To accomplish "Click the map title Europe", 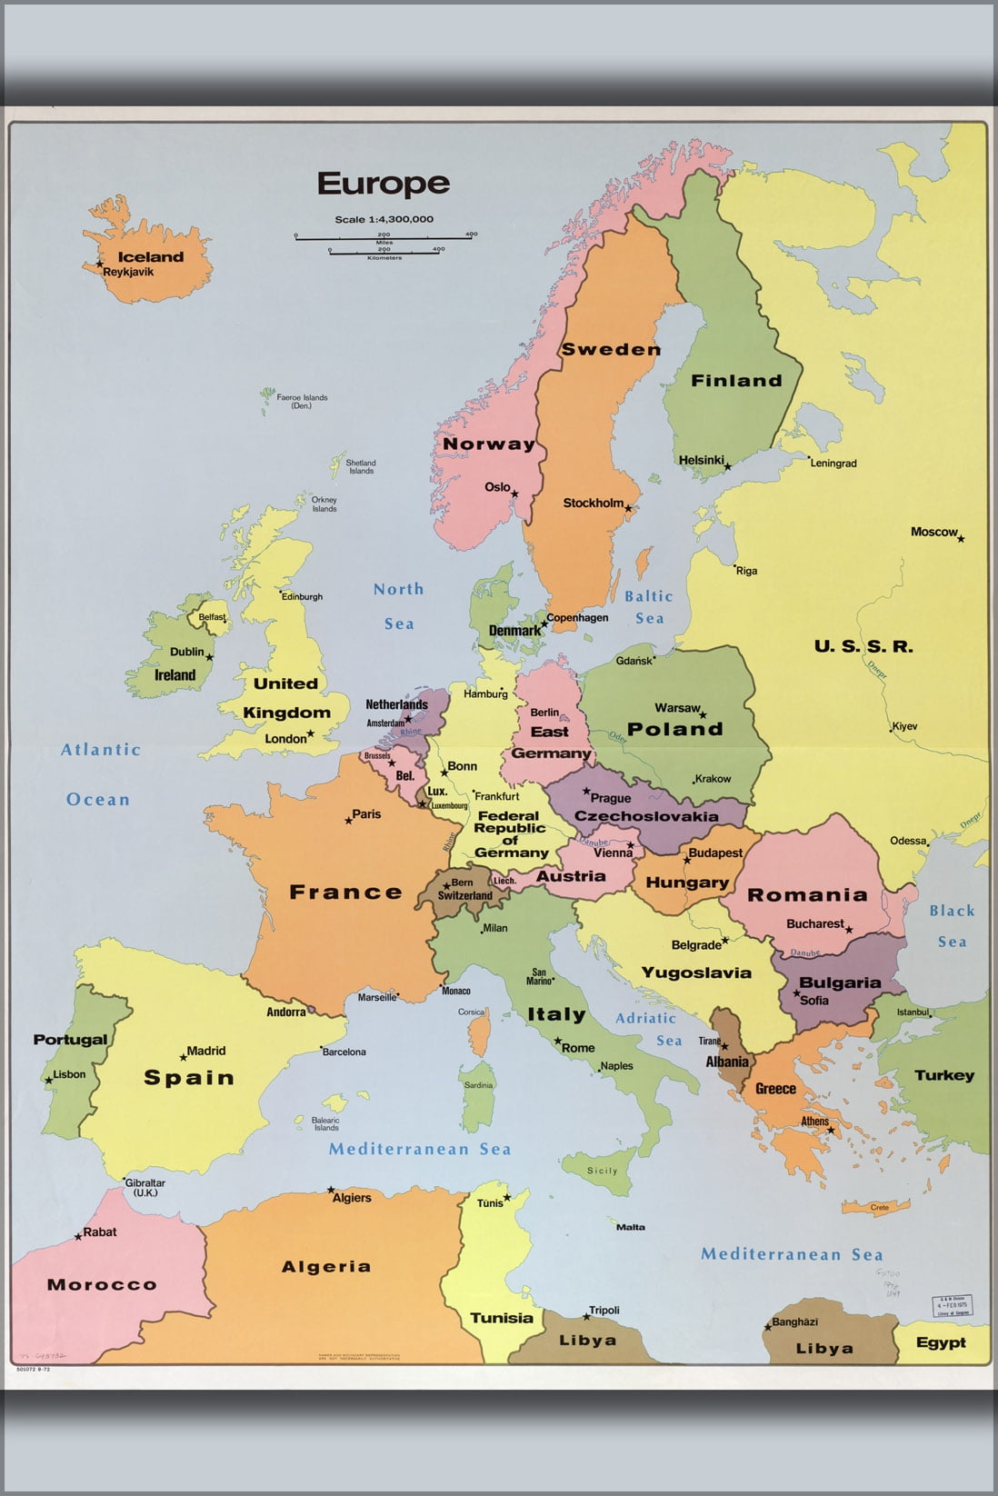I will tap(383, 184).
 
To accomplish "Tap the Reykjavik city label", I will tap(128, 272).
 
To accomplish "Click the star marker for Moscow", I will tap(961, 539).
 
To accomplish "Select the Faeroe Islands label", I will tap(302, 402).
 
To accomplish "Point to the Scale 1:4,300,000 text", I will tap(384, 219).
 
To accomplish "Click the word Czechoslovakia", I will tap(646, 816).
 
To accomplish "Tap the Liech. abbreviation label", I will tap(504, 881).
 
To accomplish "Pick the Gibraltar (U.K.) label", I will tap(145, 1188).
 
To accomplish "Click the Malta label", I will tap(631, 1227).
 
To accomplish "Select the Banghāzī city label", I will tap(795, 1321).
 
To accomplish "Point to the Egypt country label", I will tap(941, 1342).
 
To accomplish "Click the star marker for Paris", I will tap(348, 822).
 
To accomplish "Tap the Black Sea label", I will tap(952, 925).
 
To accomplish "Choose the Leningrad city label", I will tap(833, 464).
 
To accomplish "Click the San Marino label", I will tap(539, 976).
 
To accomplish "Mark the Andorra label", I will tap(285, 1012).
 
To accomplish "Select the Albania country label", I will tap(727, 1062).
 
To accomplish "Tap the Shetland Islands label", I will tap(361, 466).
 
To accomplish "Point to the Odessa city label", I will tap(907, 841).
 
